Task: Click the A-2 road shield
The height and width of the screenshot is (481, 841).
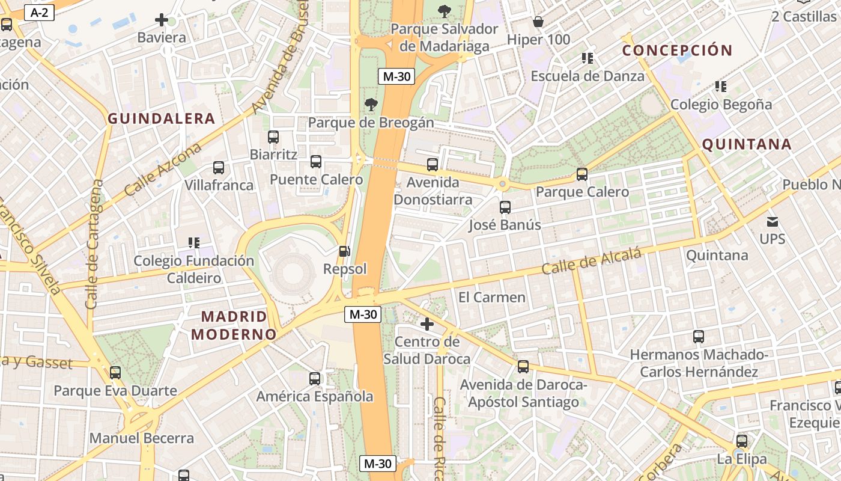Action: [40, 13]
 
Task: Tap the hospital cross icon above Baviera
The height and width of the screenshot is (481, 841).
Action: [162, 20]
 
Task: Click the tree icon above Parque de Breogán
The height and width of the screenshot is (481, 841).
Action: [371, 105]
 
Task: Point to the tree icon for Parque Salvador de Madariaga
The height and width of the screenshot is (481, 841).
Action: [445, 11]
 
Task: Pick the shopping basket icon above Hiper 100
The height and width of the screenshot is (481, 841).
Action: [538, 22]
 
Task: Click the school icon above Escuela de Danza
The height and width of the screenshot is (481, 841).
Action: [587, 58]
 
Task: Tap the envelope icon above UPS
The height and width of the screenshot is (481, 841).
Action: [772, 221]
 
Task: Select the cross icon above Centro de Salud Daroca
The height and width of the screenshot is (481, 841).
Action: [427, 324]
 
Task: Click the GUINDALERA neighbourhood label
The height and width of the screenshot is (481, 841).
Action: [161, 118]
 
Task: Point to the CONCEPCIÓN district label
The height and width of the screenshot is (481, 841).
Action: [677, 51]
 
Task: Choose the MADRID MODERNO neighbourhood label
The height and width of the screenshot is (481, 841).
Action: [234, 325]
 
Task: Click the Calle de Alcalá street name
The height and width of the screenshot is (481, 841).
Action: [591, 262]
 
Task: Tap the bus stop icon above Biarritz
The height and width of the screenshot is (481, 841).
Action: [273, 136]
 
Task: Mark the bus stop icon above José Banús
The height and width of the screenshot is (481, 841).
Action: [505, 207]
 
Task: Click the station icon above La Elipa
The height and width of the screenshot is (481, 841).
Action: [742, 441]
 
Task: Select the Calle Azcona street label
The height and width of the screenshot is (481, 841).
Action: [162, 170]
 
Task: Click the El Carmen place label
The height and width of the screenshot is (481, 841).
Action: [491, 297]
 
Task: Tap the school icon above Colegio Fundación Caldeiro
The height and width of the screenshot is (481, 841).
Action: [194, 243]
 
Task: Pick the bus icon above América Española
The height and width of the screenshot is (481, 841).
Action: [315, 379]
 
